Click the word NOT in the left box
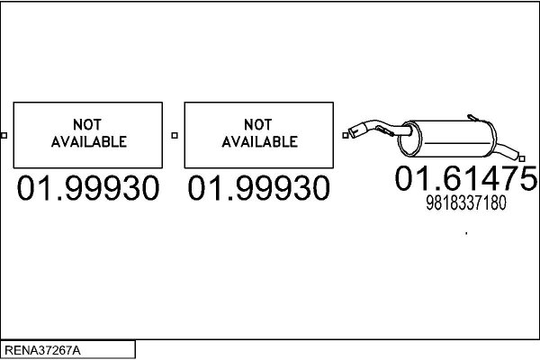pos(87,125)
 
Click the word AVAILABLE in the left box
pos(89,141)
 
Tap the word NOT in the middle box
pos(258,125)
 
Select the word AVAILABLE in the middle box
pos(260,141)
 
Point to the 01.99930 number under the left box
pos(88,188)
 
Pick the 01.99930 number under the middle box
pos(258,188)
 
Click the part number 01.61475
pos(466,178)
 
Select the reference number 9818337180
pos(466,202)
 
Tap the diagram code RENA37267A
pos(42,350)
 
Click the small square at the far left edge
pos(4,135)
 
